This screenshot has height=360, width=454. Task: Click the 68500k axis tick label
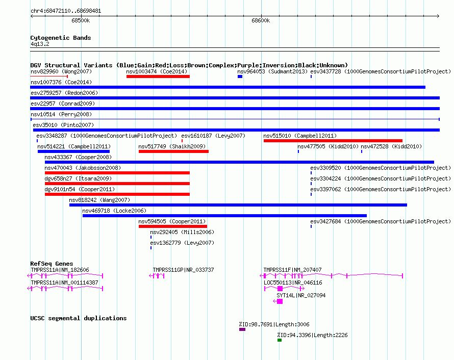coord(81,20)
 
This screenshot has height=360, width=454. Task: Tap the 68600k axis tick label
coord(261,20)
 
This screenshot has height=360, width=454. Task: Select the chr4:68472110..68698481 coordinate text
coord(66,11)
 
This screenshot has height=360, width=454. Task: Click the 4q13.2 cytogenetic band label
coord(40,44)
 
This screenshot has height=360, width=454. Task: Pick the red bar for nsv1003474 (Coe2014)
coord(158,76)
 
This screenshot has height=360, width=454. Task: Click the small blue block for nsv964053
coord(240,76)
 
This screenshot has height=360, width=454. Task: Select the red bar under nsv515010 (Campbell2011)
coord(333,141)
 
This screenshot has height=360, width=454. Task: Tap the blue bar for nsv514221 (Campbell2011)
coord(73,151)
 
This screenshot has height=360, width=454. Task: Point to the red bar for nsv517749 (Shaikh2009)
coord(174,151)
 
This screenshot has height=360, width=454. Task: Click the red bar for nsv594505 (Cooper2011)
coord(173,226)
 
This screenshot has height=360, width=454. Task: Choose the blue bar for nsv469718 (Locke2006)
coord(224,216)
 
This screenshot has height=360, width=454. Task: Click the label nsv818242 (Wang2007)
coord(99,200)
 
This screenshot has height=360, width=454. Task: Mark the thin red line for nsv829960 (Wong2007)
coord(49,76)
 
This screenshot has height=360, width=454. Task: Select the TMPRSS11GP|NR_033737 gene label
coord(183,270)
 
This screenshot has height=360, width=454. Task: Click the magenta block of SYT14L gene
coord(280,301)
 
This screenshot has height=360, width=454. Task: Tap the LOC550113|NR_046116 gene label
coord(293,282)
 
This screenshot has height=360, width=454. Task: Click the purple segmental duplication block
coord(242,329)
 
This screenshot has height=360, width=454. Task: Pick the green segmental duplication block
coord(280,340)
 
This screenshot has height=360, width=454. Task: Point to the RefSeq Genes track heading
coord(52,264)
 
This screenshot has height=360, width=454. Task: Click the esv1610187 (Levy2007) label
coord(213,136)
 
